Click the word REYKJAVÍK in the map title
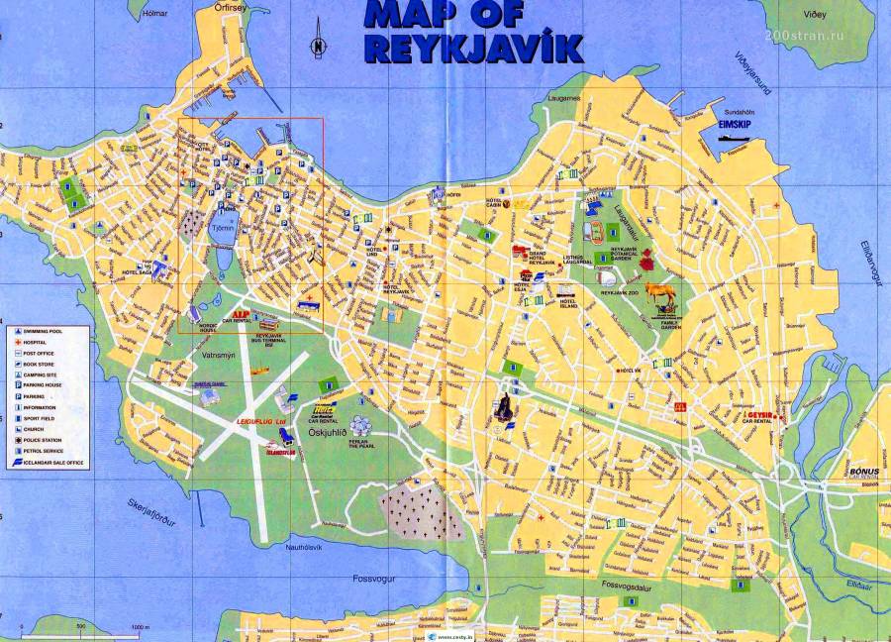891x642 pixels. point(472,49)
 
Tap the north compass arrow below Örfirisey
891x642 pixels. point(318,45)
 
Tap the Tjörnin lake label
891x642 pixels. point(223,228)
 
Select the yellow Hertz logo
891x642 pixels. point(323,407)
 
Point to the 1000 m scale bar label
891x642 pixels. point(139,627)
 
